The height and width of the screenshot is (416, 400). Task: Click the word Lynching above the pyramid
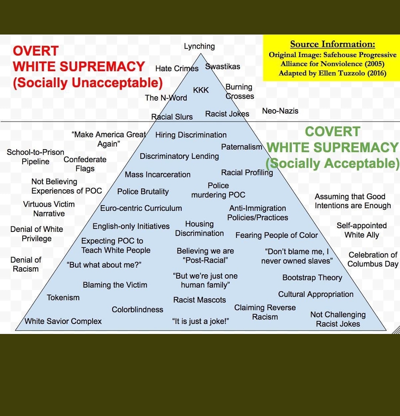(x=199, y=46)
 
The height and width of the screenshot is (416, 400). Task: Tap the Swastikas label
(x=223, y=67)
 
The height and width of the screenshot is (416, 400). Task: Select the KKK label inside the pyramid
(x=201, y=90)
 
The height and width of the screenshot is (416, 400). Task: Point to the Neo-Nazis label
(x=280, y=111)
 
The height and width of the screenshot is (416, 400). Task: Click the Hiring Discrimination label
(x=191, y=135)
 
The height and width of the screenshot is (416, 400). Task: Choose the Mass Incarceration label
(x=157, y=174)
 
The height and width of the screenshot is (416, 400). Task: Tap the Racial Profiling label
(x=247, y=173)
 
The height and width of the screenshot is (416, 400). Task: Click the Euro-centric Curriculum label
(x=141, y=208)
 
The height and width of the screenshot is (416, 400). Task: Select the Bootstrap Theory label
(x=312, y=278)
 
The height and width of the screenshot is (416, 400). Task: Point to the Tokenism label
(x=63, y=298)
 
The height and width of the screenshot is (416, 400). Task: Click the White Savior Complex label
(x=63, y=321)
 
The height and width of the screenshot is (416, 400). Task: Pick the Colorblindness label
(x=137, y=309)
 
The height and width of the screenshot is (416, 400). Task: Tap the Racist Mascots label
(x=199, y=300)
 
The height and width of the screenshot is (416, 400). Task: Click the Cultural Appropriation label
(x=316, y=294)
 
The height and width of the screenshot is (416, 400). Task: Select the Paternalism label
(x=241, y=147)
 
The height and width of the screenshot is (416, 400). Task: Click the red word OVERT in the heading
(x=36, y=51)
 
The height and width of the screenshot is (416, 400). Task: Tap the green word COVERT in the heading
(x=332, y=132)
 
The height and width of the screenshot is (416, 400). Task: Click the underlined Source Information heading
(x=332, y=45)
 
